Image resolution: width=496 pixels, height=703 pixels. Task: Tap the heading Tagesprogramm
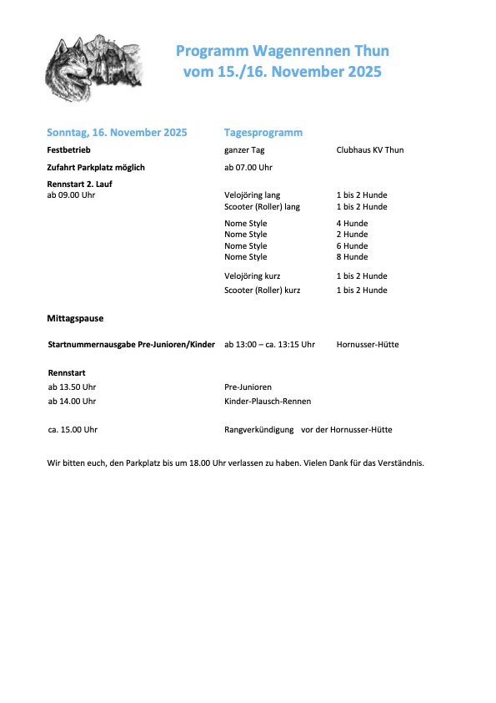pos(263,133)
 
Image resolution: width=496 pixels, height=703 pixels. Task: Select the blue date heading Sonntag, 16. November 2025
pos(117,133)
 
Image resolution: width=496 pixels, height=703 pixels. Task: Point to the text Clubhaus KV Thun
pos(369,150)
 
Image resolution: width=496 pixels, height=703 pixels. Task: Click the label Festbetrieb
pos(68,150)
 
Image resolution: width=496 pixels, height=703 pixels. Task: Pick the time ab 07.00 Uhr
pos(248,168)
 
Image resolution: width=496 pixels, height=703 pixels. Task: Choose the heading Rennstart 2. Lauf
pos(82,183)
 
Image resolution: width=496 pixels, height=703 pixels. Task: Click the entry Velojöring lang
pos(253,195)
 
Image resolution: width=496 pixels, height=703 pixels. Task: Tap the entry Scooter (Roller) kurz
pos(263,291)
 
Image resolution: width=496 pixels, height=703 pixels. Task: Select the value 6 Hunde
pos(352,246)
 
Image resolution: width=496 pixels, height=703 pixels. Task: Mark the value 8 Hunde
pos(352,257)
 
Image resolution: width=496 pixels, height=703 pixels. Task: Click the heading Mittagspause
pos(75,318)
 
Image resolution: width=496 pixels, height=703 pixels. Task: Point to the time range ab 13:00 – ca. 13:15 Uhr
pos(269,344)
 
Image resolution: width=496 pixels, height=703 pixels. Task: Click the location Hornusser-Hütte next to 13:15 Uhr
pos(368,344)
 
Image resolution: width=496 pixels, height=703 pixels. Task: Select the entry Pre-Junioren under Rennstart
pos(248,387)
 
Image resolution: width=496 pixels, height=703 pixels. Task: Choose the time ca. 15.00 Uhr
pos(73,430)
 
